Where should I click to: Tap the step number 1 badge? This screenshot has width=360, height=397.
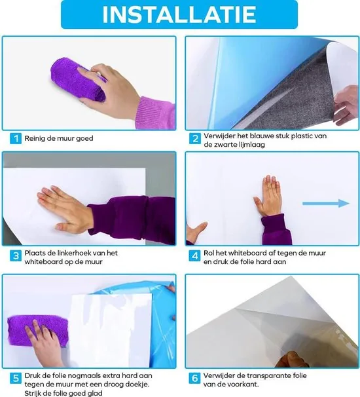click(14, 139)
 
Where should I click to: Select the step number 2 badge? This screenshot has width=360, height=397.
click(195, 139)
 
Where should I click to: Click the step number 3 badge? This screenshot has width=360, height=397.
click(14, 255)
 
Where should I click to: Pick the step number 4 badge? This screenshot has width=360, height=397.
click(195, 255)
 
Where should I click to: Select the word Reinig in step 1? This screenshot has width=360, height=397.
click(36, 139)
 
